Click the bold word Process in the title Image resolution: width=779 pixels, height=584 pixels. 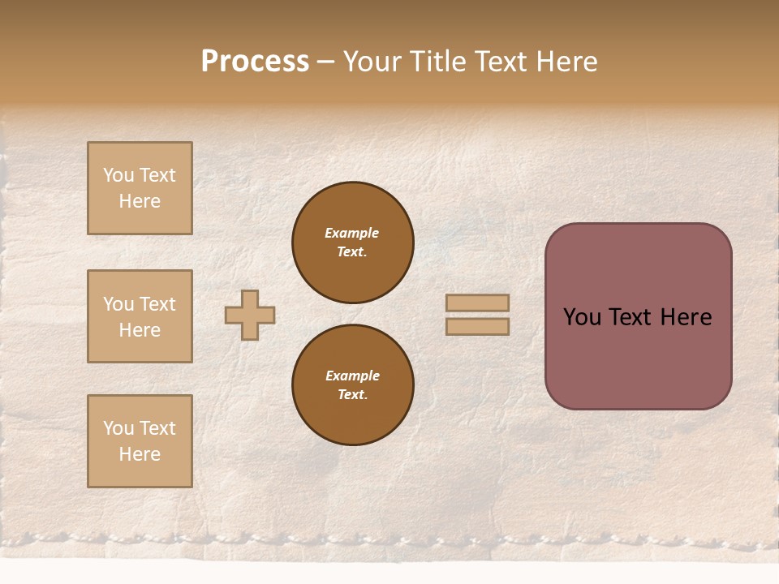tap(255, 62)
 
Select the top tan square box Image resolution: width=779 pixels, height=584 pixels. tap(140, 188)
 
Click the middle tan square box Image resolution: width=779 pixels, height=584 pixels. tap(140, 316)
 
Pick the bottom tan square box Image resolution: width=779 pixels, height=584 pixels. tap(140, 441)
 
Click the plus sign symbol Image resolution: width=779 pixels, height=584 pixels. tap(250, 315)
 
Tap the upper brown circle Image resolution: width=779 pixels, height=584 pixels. tap(352, 242)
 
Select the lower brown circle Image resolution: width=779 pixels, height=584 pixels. tap(352, 385)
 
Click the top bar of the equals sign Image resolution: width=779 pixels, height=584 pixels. tap(477, 303)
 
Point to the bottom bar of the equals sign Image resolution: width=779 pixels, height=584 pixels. tap(477, 327)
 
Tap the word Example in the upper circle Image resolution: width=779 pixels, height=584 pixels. tap(352, 233)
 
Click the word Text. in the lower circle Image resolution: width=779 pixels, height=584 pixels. tap(352, 395)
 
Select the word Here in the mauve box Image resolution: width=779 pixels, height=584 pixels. tap(685, 317)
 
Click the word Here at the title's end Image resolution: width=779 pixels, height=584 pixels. tap(567, 62)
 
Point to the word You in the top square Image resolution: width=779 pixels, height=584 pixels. tap(118, 175)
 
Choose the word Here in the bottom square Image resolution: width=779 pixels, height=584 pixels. tap(140, 454)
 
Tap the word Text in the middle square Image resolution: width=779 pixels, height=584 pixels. tap(157, 304)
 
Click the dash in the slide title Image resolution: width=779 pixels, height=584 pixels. tap(325, 62)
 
